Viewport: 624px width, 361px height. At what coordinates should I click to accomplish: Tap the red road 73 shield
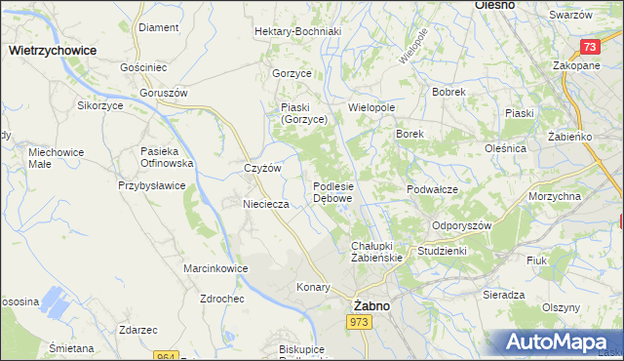click(x=589, y=47)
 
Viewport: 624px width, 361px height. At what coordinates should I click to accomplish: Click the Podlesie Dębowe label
click(x=333, y=191)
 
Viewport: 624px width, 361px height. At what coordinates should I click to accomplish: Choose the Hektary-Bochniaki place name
click(x=296, y=31)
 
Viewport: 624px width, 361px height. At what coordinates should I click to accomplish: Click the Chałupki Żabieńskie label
click(x=375, y=251)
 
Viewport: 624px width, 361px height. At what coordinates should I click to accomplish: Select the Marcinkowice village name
click(x=214, y=267)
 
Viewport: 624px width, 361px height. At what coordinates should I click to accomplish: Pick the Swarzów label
click(x=570, y=16)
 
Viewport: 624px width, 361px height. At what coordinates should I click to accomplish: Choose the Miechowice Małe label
click(x=56, y=158)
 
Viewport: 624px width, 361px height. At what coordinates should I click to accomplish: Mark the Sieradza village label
click(x=504, y=294)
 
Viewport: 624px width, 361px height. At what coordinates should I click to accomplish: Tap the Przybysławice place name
click(x=151, y=184)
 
